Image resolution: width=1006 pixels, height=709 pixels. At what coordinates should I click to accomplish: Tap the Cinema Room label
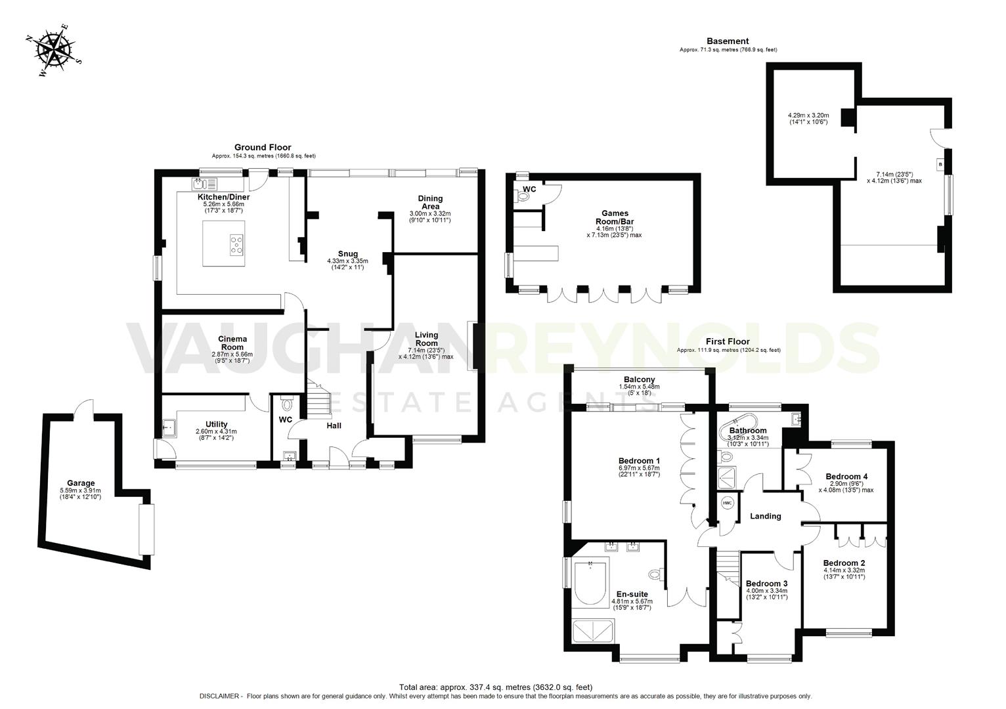[x=232, y=343]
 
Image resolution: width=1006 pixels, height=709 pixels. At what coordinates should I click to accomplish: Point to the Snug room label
[x=347, y=254]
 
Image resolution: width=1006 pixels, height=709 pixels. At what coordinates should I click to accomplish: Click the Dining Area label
[x=430, y=202]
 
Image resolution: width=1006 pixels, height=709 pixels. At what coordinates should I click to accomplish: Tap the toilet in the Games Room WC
[x=524, y=195]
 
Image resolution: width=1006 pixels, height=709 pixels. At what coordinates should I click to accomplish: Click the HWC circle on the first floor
[x=727, y=503]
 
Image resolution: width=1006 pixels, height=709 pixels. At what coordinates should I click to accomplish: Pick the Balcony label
[x=639, y=379]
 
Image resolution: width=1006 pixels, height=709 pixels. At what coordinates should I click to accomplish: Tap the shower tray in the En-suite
[x=594, y=631]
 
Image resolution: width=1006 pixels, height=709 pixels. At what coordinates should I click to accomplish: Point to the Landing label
[x=765, y=516]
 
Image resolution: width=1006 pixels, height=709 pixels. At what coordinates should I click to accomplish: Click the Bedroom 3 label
[x=766, y=584]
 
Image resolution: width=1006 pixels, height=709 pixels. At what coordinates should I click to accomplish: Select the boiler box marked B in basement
[x=940, y=164]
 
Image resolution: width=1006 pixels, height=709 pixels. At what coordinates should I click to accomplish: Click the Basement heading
[x=728, y=41]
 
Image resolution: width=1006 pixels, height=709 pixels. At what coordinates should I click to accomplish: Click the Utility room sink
[x=169, y=428]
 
